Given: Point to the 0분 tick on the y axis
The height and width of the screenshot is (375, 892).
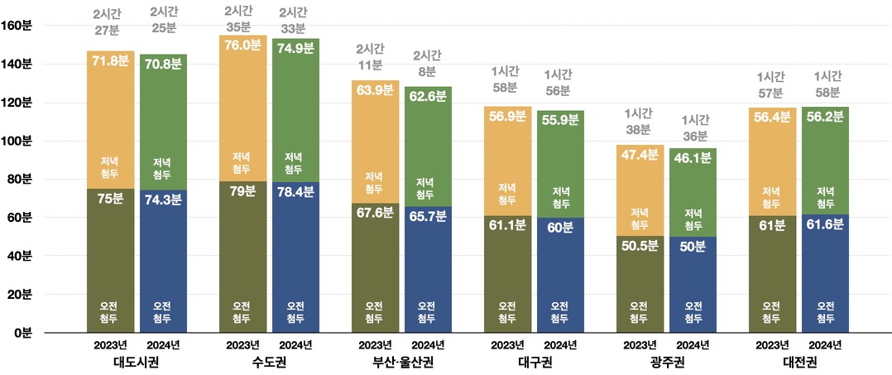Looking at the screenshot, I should click(x=22, y=333).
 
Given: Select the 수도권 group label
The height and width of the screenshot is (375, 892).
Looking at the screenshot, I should click(x=269, y=362).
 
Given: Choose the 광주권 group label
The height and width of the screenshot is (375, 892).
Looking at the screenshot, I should click(x=665, y=362).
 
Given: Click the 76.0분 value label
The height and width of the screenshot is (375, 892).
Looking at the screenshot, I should click(x=243, y=46).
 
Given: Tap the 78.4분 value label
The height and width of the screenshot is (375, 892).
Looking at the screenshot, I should click(x=295, y=191).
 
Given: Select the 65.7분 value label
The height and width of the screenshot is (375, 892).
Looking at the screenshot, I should click(x=428, y=216).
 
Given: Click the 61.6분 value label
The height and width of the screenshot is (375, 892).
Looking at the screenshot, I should click(x=825, y=226).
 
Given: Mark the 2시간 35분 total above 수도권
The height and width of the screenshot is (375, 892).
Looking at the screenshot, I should click(x=242, y=19).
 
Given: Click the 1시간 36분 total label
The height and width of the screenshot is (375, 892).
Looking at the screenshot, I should click(x=693, y=127).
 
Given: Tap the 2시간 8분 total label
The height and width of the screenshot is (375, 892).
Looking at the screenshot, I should click(x=428, y=63).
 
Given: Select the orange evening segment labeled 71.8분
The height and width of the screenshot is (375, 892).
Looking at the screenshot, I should click(x=110, y=124).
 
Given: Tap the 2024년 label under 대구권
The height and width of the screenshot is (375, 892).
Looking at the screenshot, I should click(x=560, y=345).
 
